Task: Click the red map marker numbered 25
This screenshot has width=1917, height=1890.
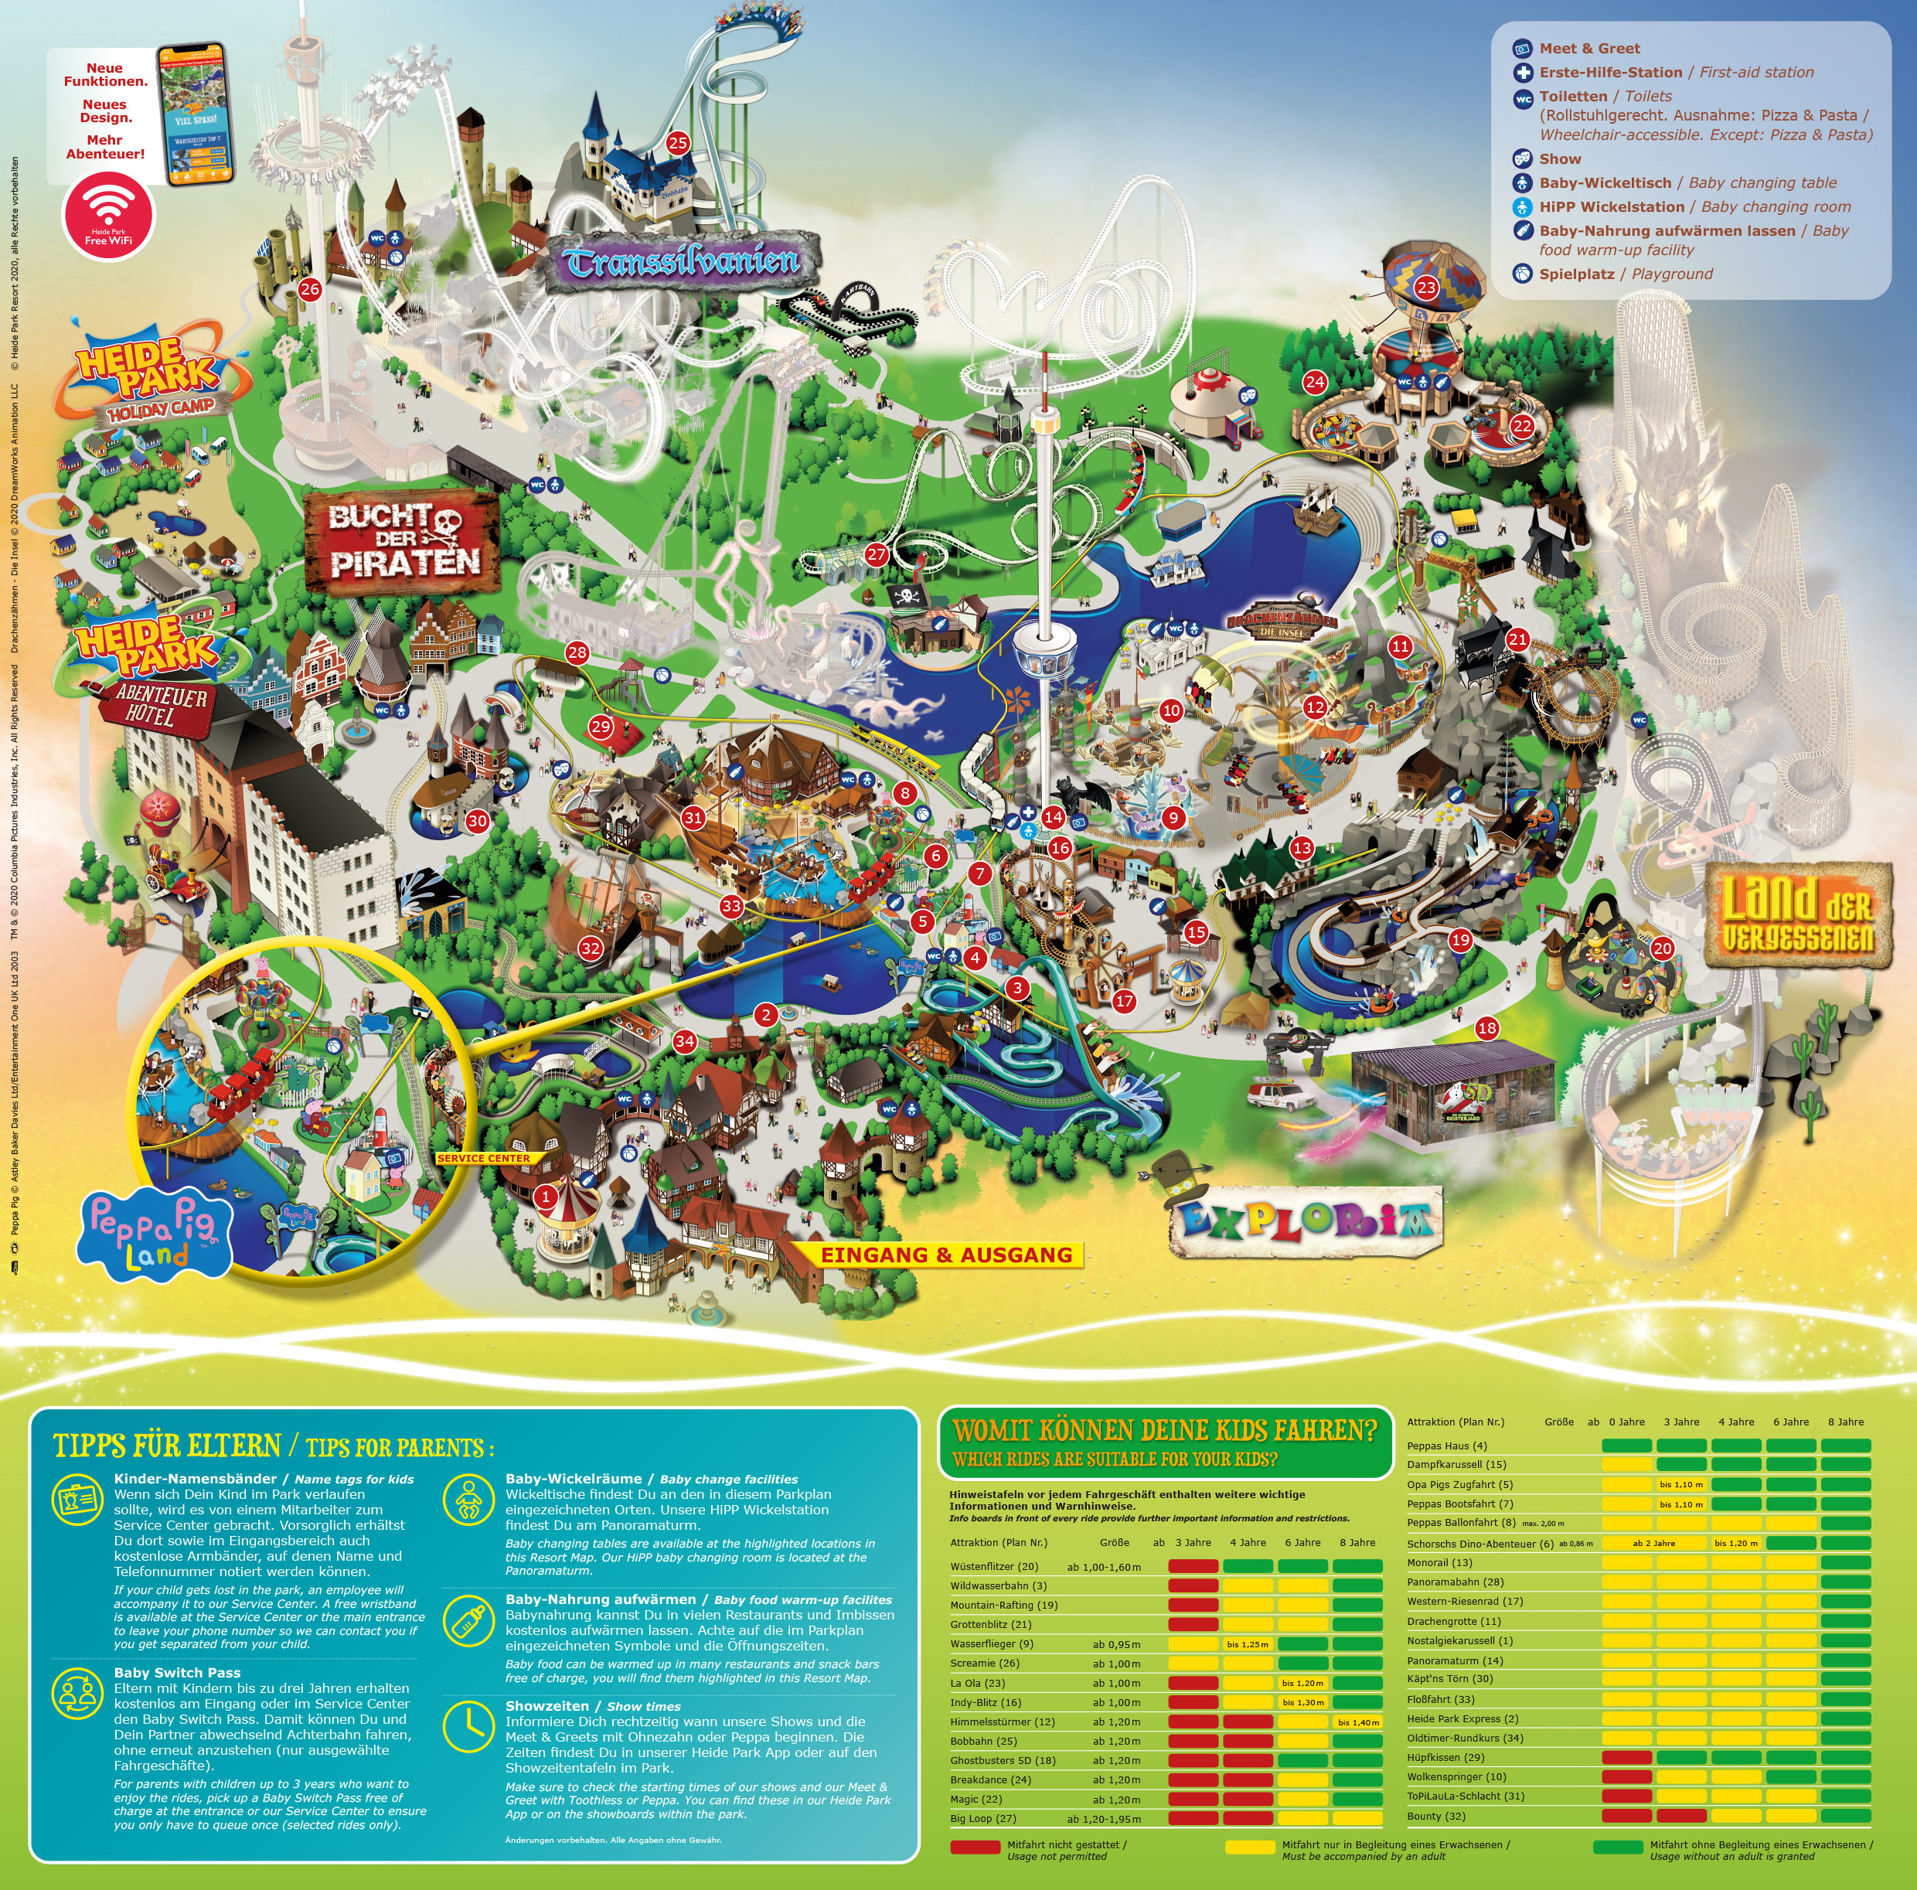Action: pyautogui.click(x=678, y=143)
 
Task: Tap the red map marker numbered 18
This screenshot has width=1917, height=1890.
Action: pyautogui.click(x=1486, y=1028)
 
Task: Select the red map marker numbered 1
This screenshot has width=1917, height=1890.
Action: pyautogui.click(x=545, y=1197)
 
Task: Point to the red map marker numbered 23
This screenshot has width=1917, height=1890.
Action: pyautogui.click(x=1426, y=288)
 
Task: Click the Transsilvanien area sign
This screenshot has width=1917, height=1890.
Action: pyautogui.click(x=683, y=262)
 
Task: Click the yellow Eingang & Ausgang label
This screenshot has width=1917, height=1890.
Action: pyautogui.click(x=945, y=1255)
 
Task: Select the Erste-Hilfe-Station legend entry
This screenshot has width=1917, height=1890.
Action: pyautogui.click(x=1609, y=73)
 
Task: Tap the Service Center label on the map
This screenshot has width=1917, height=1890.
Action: pyautogui.click(x=483, y=1158)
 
